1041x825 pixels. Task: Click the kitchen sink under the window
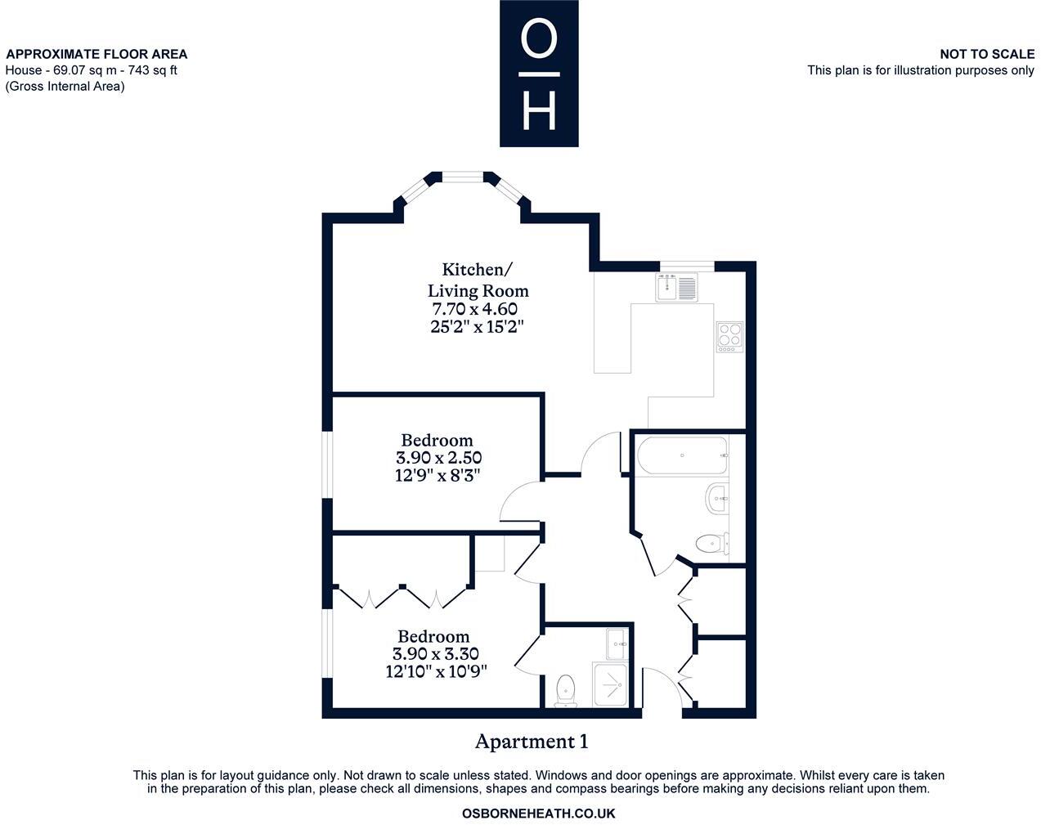(676, 288)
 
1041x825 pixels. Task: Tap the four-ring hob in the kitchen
(729, 337)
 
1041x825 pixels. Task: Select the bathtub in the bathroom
(682, 455)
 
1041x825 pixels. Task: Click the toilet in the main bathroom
(712, 544)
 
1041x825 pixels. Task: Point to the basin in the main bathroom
(717, 498)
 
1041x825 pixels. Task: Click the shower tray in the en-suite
(610, 685)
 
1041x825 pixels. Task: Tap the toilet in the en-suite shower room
(566, 690)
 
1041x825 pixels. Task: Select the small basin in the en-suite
(617, 643)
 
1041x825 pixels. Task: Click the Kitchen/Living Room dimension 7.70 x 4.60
(474, 309)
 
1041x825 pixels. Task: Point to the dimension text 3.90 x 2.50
(439, 457)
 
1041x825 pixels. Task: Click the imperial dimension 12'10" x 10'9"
(436, 671)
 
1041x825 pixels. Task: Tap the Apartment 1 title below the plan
(532, 742)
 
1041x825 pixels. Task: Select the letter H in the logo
(539, 110)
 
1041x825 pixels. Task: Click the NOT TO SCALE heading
(987, 54)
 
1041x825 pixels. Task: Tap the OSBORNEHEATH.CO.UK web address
(539, 814)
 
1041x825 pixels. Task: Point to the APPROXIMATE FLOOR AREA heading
(96, 54)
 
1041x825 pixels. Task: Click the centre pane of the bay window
(463, 177)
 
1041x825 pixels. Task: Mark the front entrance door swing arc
(672, 679)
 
